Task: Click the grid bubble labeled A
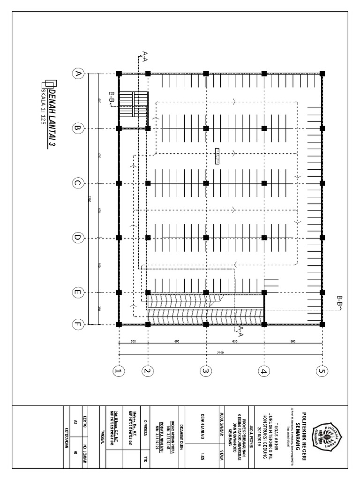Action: [x=77, y=74]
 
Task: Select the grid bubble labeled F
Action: [x=77, y=323]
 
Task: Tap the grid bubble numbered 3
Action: [x=205, y=371]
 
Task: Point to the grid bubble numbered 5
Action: [x=322, y=371]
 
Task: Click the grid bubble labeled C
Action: [x=77, y=183]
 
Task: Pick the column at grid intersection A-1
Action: [x=119, y=74]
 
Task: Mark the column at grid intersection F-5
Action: [x=322, y=323]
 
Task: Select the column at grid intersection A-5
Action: [x=322, y=74]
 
